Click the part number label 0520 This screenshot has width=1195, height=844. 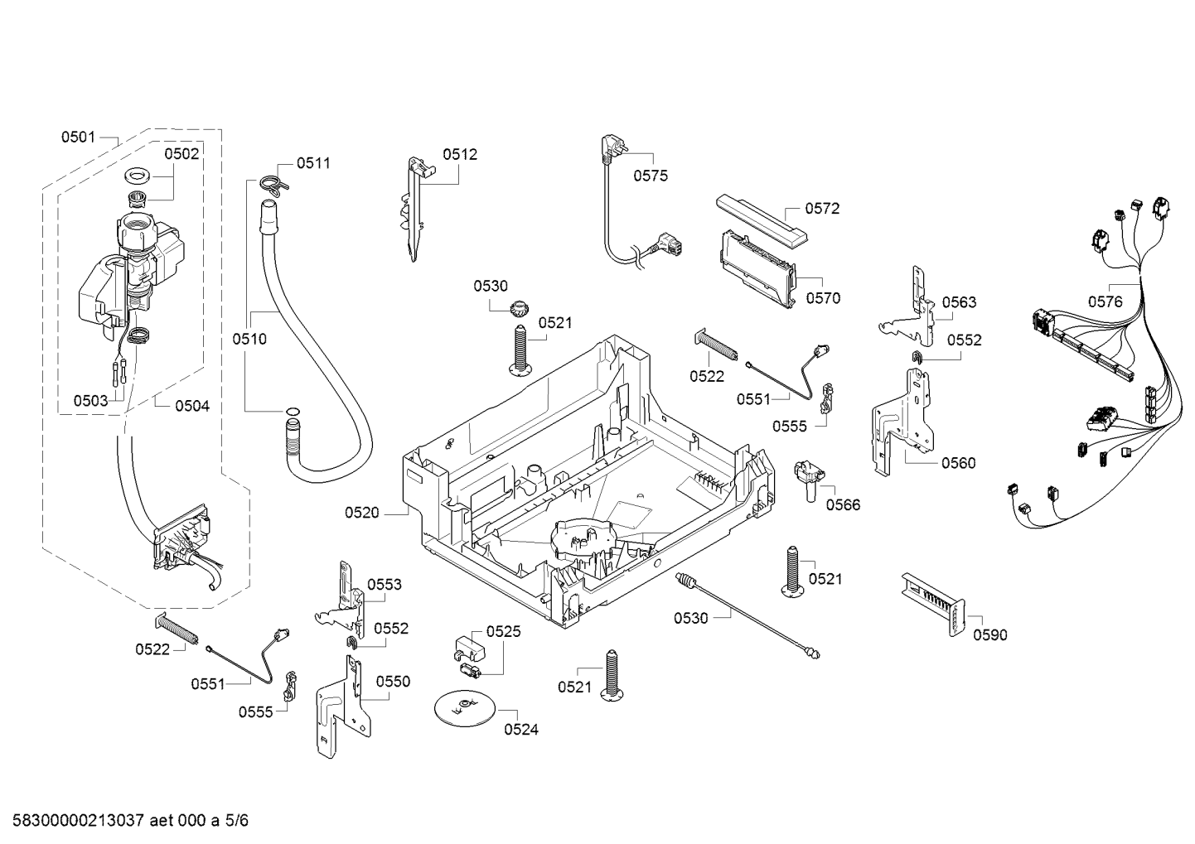362,513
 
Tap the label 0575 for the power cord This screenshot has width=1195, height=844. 651,176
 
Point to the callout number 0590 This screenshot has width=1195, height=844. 990,635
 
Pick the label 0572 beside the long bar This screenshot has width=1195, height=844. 822,209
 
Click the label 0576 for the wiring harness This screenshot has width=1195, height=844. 1105,302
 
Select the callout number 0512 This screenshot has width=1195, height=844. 460,154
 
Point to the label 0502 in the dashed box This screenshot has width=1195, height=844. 181,153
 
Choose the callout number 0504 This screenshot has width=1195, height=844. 192,406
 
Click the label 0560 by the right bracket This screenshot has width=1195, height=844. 958,463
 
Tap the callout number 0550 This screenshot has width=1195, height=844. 393,682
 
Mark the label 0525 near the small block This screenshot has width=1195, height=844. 503,632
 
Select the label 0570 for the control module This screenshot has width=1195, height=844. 822,299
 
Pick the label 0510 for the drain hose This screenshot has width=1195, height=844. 249,339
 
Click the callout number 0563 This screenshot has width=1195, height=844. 959,303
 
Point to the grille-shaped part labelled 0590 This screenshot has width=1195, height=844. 935,604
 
